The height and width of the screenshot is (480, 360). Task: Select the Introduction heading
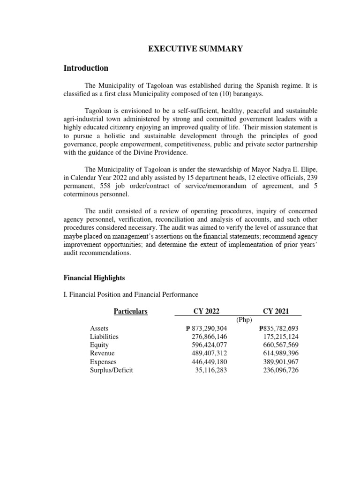pyautogui.click(x=86, y=68)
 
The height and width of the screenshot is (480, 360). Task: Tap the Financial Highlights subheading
pyautogui.click(x=94, y=278)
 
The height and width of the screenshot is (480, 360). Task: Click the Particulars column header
pyautogui.click(x=131, y=311)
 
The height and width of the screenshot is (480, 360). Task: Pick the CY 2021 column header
pyautogui.click(x=276, y=311)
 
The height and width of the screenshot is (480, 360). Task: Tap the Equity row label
pyautogui.click(x=99, y=345)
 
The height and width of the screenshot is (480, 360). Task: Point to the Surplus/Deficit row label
pyautogui.click(x=112, y=370)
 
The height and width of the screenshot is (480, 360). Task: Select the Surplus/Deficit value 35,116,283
pyautogui.click(x=211, y=370)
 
